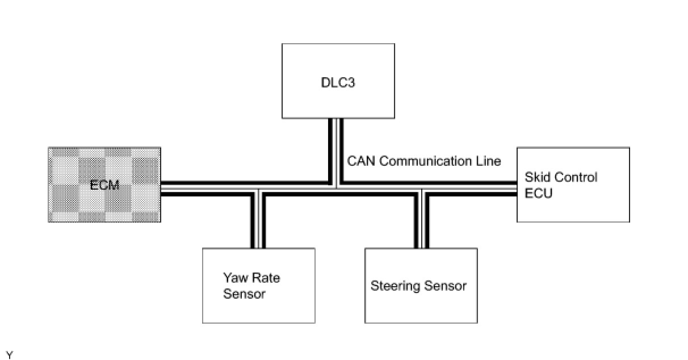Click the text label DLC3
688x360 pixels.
pyautogui.click(x=338, y=82)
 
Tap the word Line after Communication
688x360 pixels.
pyautogui.click(x=487, y=161)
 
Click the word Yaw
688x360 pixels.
pyautogui.click(x=233, y=278)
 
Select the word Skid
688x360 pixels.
pyautogui.click(x=536, y=177)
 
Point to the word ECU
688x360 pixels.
pyautogui.click(x=538, y=192)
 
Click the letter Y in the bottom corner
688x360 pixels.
pyautogui.click(x=9, y=355)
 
